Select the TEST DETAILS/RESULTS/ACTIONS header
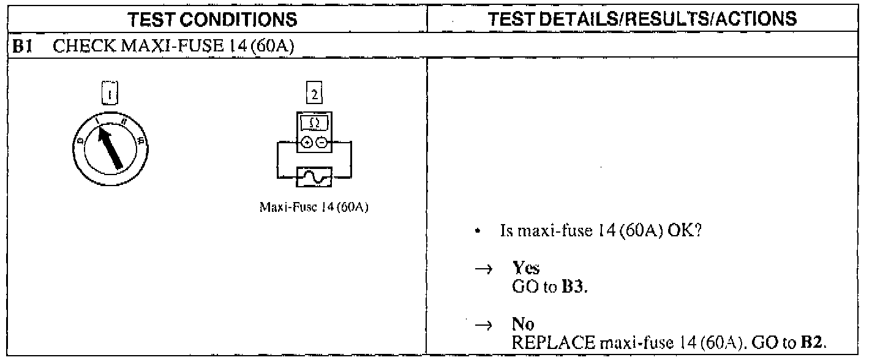point(648,19)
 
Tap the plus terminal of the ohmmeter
point(307,144)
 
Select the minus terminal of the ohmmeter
point(321,144)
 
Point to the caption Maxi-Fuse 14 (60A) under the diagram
point(314,207)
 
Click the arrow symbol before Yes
point(482,272)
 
